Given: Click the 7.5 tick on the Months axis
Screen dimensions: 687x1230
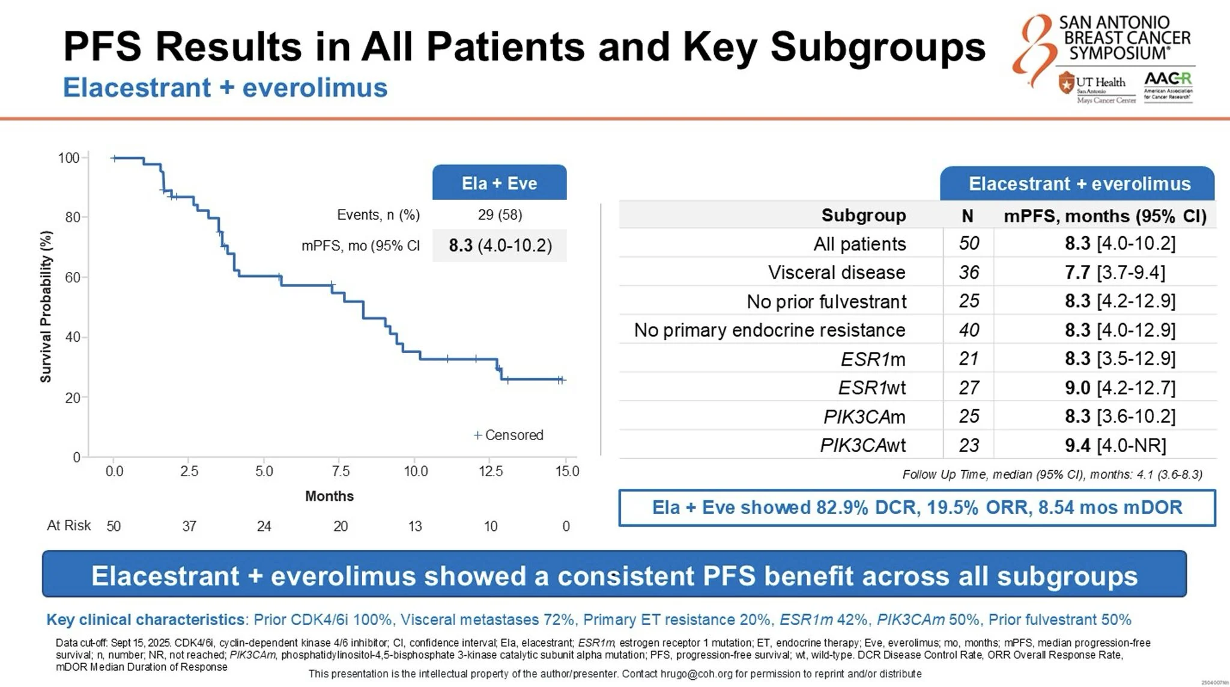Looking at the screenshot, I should click(x=341, y=471).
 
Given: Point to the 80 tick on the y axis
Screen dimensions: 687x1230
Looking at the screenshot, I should click(x=73, y=217).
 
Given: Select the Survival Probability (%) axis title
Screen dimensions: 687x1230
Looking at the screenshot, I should click(x=46, y=307).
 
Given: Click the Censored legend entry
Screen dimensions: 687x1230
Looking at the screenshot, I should click(x=508, y=435).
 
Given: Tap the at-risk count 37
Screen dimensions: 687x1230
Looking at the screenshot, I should click(x=189, y=527).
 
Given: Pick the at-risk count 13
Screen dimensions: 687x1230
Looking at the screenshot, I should click(x=415, y=527).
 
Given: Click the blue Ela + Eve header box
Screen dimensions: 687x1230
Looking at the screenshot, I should click(x=499, y=183).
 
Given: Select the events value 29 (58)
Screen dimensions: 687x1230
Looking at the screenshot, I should click(x=500, y=215).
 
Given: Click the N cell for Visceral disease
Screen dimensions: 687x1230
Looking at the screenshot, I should click(x=969, y=273).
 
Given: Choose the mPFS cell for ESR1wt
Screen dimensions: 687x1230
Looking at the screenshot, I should click(x=1120, y=388).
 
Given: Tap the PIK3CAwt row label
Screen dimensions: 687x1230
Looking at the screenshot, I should click(x=863, y=446).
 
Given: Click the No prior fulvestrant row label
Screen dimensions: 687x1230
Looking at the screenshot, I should click(x=826, y=301).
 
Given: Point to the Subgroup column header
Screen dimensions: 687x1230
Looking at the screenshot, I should click(x=864, y=216).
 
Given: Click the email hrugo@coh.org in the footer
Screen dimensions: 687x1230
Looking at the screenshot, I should click(x=696, y=674).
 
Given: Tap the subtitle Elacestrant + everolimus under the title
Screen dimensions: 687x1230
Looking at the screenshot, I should click(x=225, y=88).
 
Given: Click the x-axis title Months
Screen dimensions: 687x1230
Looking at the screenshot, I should click(x=329, y=496).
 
